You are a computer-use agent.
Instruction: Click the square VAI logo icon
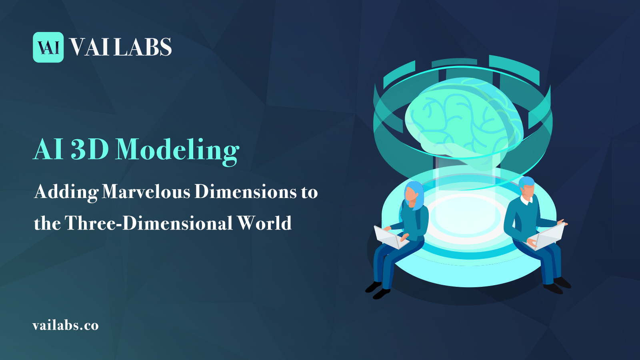[x=48, y=47]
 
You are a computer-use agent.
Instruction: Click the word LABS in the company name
[x=143, y=47]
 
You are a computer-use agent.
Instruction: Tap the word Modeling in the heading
[x=178, y=150]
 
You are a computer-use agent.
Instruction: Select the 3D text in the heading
[x=90, y=150]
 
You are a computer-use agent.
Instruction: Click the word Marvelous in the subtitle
[x=146, y=192]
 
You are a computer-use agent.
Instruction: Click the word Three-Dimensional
[x=148, y=223]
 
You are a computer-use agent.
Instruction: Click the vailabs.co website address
[x=66, y=325]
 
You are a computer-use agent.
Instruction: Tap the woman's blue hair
[x=416, y=194]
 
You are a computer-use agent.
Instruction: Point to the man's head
[x=527, y=188]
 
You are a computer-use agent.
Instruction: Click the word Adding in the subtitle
[x=66, y=192]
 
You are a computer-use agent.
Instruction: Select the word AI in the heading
[x=48, y=150]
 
